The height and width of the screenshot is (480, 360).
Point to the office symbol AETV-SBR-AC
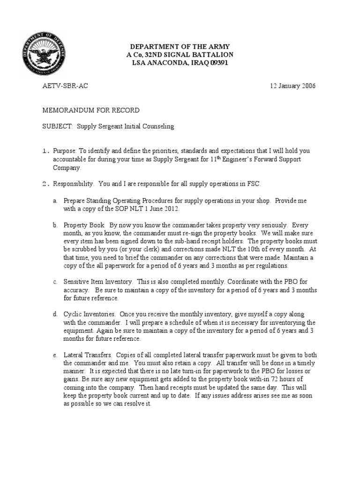pos(65,86)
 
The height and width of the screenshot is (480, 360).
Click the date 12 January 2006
pos(292,86)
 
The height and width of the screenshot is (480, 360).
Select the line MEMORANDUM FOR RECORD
pos(91,110)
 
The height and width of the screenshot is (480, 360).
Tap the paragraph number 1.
pos(45,151)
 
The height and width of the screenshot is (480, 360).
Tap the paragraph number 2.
pos(45,184)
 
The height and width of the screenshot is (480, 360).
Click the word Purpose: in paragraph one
pos(65,151)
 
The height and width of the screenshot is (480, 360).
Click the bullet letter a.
pos(55,201)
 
